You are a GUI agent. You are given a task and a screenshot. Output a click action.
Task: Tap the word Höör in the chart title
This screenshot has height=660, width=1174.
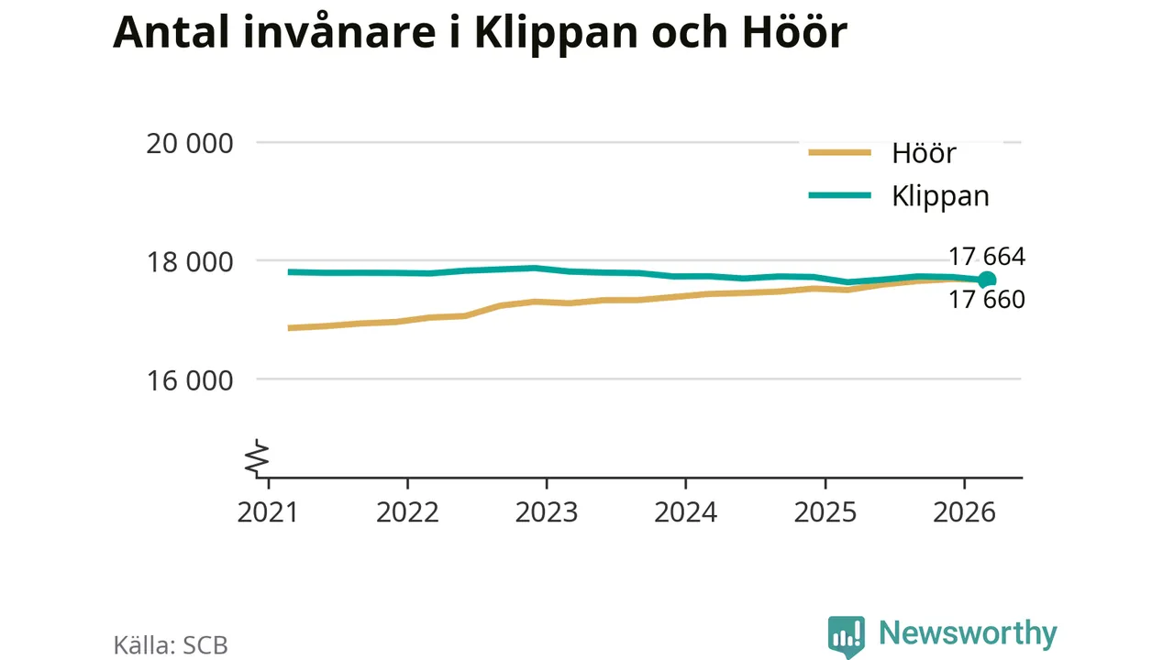pyautogui.click(x=794, y=31)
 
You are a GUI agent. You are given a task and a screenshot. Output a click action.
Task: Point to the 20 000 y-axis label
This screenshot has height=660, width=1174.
pyautogui.click(x=189, y=144)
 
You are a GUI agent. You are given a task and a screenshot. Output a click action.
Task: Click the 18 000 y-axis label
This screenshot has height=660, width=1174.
pyautogui.click(x=189, y=262)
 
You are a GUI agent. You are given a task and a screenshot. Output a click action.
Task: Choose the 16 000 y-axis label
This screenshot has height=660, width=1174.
pyautogui.click(x=189, y=380)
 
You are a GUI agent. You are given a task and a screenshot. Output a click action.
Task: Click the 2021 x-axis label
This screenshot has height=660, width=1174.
pyautogui.click(x=268, y=511)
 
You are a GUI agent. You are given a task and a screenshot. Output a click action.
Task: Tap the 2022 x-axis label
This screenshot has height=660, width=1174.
pyautogui.click(x=407, y=511)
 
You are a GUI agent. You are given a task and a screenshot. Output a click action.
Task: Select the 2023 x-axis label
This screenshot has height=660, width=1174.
pyautogui.click(x=546, y=511)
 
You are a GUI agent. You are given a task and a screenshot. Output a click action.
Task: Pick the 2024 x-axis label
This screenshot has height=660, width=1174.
pyautogui.click(x=685, y=511)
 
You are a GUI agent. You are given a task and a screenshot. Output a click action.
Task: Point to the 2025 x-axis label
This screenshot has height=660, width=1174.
pyautogui.click(x=825, y=511)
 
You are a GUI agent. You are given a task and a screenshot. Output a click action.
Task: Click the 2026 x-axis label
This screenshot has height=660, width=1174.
pyautogui.click(x=964, y=511)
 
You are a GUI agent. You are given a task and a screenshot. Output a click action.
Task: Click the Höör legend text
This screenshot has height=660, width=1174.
pyautogui.click(x=924, y=153)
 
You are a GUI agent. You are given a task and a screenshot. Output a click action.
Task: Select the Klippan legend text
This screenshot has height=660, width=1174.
pyautogui.click(x=940, y=197)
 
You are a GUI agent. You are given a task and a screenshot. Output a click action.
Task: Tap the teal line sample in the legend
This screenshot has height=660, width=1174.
pyautogui.click(x=839, y=195)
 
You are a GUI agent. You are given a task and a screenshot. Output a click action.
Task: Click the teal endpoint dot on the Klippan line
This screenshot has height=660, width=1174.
pyautogui.click(x=987, y=280)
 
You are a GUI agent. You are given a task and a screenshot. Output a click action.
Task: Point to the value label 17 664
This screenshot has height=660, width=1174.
pyautogui.click(x=987, y=257)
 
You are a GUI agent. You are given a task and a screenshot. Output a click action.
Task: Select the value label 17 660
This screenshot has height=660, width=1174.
pyautogui.click(x=987, y=300)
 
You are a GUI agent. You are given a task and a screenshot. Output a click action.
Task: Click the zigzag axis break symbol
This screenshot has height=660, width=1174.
pyautogui.click(x=257, y=458)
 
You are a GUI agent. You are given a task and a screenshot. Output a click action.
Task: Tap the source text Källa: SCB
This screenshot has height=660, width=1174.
pyautogui.click(x=171, y=645)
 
